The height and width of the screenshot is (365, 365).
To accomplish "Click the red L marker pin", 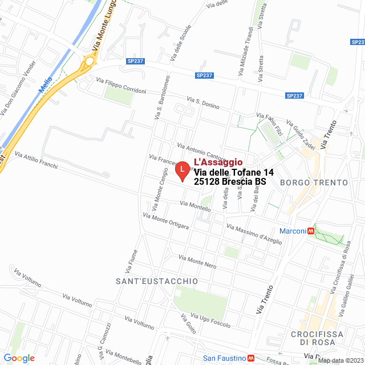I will pyautogui.click(x=181, y=171).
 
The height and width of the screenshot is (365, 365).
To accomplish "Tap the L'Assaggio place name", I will pyautogui.click(x=218, y=163).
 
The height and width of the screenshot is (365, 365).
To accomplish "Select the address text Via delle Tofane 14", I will pyautogui.click(x=226, y=172).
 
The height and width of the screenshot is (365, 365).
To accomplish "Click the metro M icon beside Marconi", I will pyautogui.click(x=311, y=231).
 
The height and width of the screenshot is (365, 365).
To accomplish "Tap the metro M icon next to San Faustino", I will pyautogui.click(x=251, y=358).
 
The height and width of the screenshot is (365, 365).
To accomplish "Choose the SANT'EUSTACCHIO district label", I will pyautogui.click(x=156, y=281).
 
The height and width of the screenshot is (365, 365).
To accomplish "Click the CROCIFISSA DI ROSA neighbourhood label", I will pyautogui.click(x=316, y=338).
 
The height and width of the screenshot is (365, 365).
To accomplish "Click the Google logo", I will pyautogui.click(x=19, y=358).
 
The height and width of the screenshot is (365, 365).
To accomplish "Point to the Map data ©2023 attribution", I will pyautogui.click(x=340, y=360).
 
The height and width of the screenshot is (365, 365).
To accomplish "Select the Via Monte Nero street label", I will pyautogui.click(x=197, y=261).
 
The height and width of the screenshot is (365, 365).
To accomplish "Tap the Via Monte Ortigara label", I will pyautogui.click(x=166, y=221).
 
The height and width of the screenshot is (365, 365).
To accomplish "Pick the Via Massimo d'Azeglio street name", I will pyautogui.click(x=254, y=234).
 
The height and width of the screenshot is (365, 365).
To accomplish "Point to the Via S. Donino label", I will pyautogui.click(x=202, y=103).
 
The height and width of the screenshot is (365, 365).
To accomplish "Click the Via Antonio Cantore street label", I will pyautogui.click(x=201, y=151).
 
